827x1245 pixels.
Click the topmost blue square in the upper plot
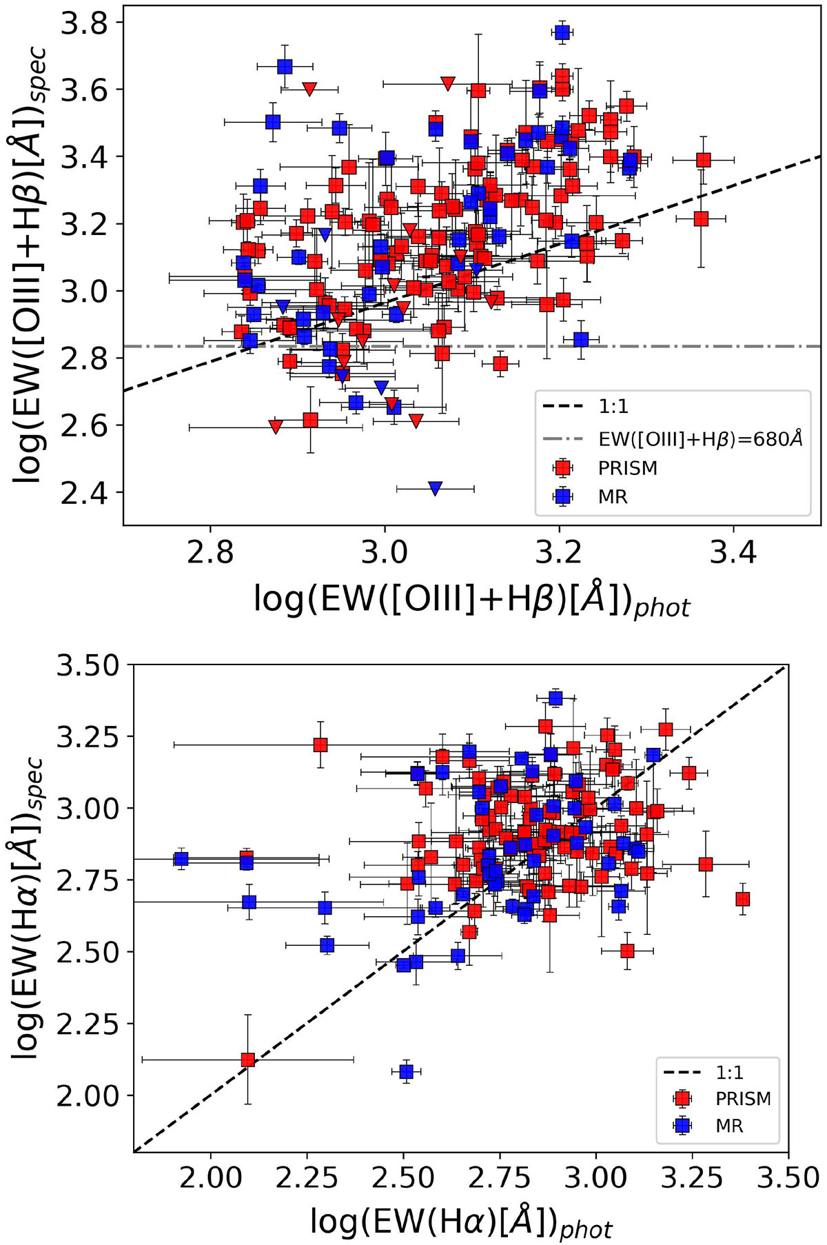tap(562, 32)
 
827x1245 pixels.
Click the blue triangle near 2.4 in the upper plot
tap(435, 488)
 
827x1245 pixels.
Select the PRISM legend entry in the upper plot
tap(627, 468)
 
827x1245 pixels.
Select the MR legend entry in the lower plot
tap(729, 1126)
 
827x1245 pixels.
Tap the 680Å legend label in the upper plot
tap(700, 438)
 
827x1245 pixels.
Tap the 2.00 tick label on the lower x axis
tap(211, 1178)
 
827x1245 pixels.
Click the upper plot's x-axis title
tap(471, 598)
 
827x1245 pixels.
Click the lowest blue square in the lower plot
tap(407, 1071)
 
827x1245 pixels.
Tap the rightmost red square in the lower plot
tap(742, 899)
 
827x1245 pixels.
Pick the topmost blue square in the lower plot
tap(555, 699)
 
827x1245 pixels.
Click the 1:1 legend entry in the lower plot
tap(729, 1073)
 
